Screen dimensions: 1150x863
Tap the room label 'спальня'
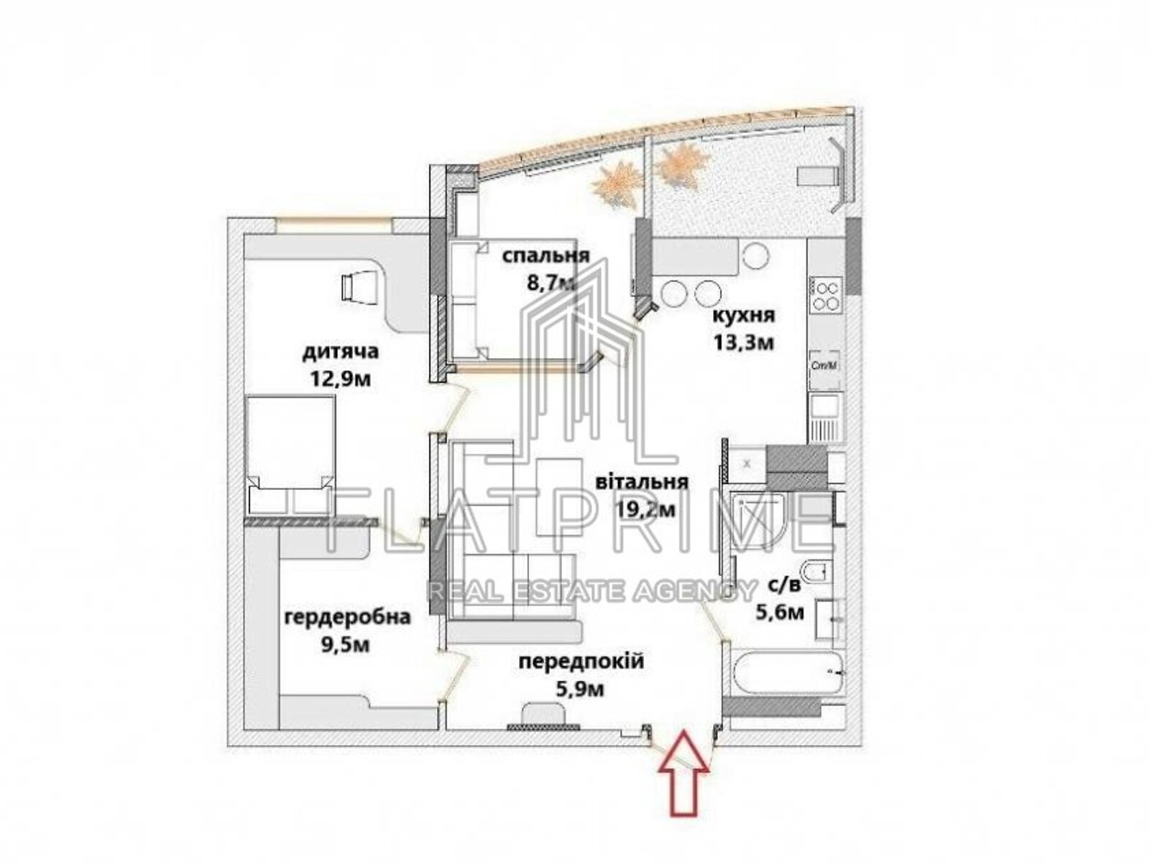pos(546,256)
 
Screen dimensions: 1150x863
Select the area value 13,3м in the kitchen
pos(743,342)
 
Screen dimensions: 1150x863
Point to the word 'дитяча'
pos(340,352)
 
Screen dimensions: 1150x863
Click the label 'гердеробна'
pos(347,618)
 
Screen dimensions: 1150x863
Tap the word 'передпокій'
pos(581,662)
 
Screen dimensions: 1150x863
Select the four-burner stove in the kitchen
pos(827,294)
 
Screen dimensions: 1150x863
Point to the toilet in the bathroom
pos(815,575)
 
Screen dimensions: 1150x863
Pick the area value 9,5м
pos(346,645)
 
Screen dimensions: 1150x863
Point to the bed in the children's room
pos(291,455)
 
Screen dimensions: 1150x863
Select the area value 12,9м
pos(341,378)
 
